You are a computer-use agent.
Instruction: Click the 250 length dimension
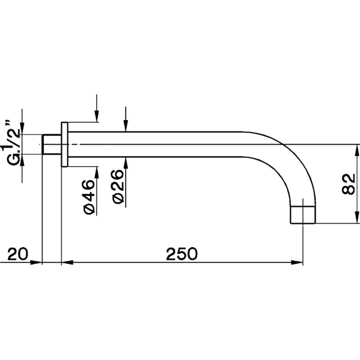pos(182,254)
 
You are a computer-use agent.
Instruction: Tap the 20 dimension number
pos(17,254)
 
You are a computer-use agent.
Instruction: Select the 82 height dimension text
pos(348,184)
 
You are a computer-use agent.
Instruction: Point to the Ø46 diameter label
pos(89,197)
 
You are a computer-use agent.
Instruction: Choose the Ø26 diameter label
pos(118,187)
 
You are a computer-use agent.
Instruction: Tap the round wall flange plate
pos(64,145)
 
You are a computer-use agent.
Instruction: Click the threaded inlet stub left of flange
pos(51,145)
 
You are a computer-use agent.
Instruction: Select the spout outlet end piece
pos(303,214)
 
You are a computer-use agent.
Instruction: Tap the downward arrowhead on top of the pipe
pos(125,125)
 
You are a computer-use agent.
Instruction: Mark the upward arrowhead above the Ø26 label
pos(125,163)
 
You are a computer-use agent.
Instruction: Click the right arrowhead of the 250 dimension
pos(297,262)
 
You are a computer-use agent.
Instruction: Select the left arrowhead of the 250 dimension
pos(67,262)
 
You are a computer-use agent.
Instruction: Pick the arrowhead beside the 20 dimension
pos(37,262)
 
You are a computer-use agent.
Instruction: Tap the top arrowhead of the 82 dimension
pos(356,151)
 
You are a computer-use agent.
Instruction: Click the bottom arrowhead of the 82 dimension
pos(356,217)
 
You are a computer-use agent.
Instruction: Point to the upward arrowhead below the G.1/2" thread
pos(22,160)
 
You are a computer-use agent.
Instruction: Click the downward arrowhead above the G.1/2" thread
pos(22,129)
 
